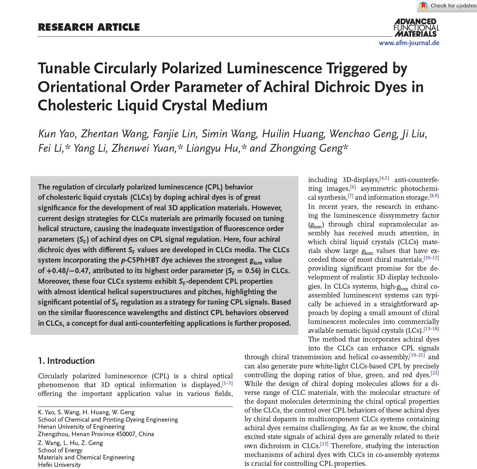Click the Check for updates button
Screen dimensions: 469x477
coord(447,6)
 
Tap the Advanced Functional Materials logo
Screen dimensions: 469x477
coord(416,28)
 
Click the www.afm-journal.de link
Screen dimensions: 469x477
coord(409,43)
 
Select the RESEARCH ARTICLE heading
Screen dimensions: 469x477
coord(89,27)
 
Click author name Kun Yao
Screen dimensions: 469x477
coord(56,134)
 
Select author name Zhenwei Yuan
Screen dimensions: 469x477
coord(143,148)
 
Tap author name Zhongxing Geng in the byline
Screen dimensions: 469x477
coord(306,148)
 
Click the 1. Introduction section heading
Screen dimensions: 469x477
coord(66,361)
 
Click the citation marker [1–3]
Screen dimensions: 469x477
coord(227,383)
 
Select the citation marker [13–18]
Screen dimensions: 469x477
coord(431,329)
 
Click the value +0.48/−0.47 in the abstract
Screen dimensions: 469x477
coord(67,271)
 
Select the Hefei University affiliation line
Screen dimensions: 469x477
coord(59,465)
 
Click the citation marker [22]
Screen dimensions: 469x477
coord(435,373)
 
